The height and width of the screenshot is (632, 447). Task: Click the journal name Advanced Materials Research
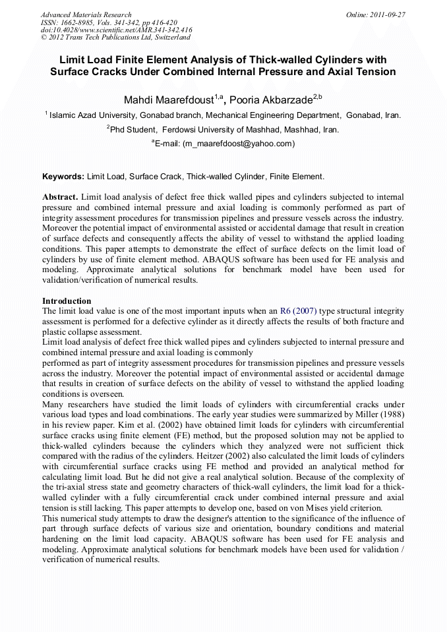tap(86, 14)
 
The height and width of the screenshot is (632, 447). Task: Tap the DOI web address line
tap(116, 30)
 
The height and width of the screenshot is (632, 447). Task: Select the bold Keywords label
tap(63, 177)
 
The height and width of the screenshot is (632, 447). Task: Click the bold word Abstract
tap(61, 197)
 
